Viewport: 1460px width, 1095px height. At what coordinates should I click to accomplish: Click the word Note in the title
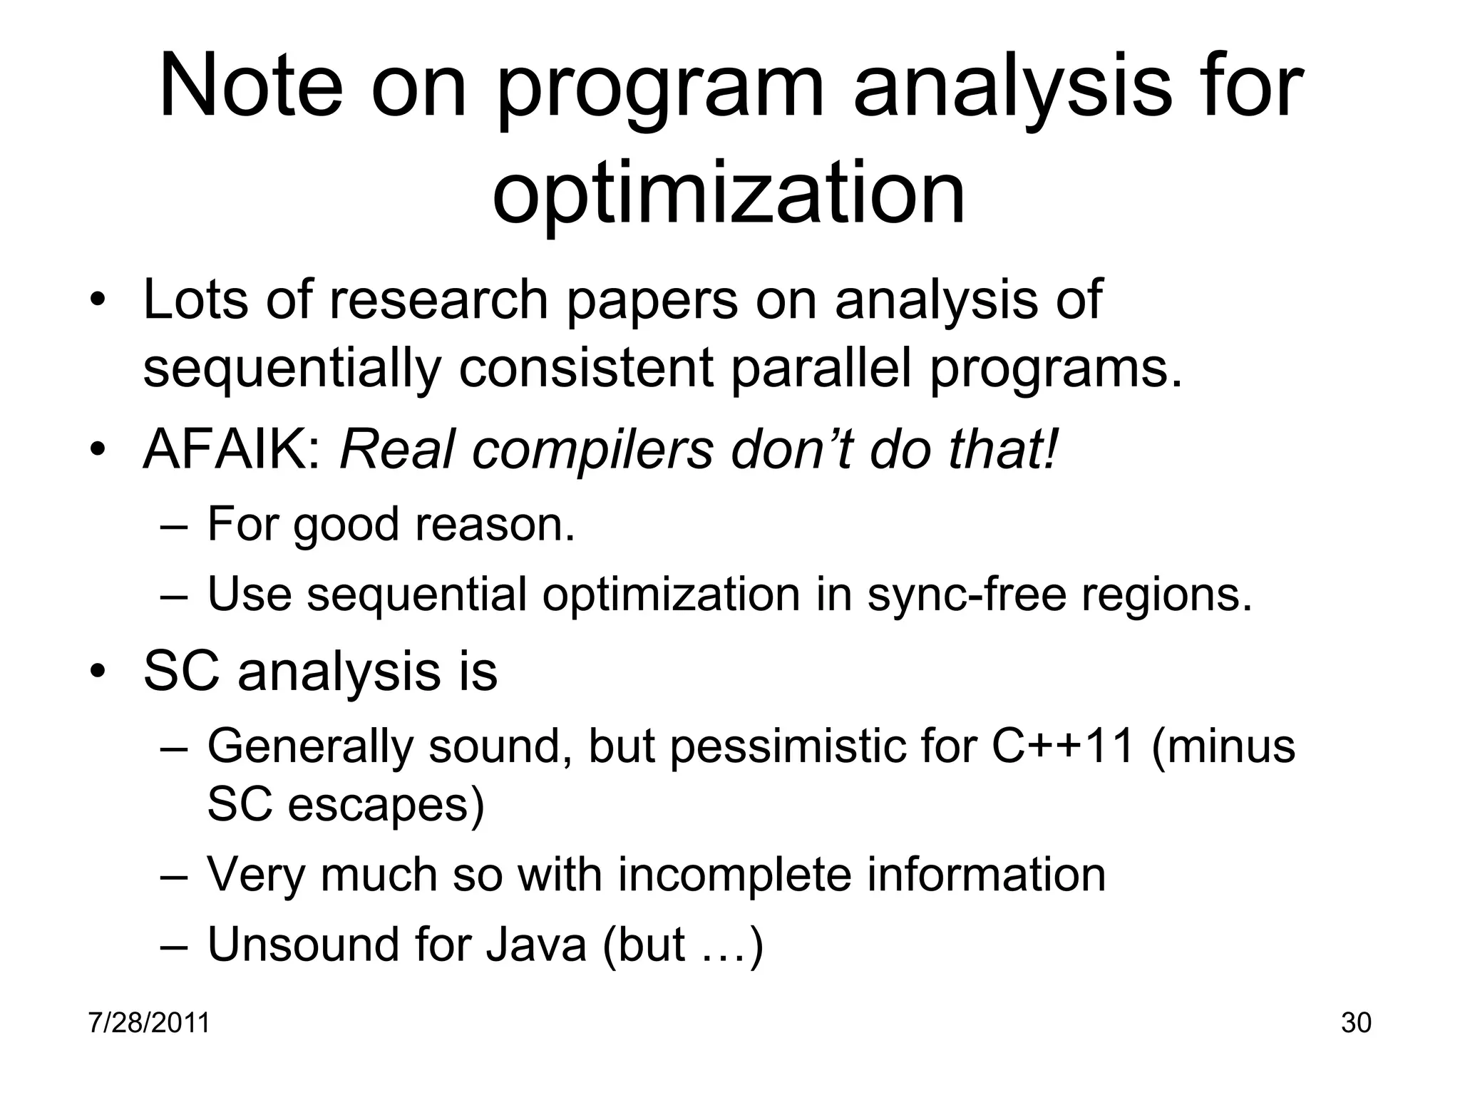(250, 88)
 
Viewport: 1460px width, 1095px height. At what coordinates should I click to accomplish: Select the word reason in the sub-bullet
(495, 524)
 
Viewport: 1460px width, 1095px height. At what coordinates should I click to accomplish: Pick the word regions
(1167, 594)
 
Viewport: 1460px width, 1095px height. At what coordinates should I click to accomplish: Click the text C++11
(1063, 746)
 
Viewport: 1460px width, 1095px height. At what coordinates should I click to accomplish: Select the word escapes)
(386, 804)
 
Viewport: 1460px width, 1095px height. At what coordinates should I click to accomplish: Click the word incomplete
(734, 875)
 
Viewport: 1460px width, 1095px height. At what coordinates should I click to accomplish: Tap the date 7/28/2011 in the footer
(149, 1023)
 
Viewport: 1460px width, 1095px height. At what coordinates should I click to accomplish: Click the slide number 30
(1356, 1023)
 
